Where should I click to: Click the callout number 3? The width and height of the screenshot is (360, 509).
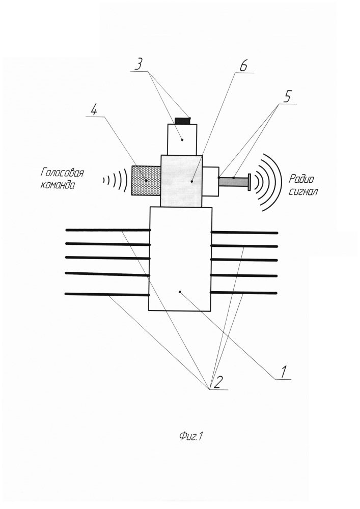click(139, 64)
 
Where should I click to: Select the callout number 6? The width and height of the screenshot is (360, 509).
click(243, 66)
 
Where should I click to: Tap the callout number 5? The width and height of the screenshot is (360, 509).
click(287, 97)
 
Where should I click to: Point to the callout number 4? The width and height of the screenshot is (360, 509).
click(94, 110)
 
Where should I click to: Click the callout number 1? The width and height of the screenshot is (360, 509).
click(283, 372)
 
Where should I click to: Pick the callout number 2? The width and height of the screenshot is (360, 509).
click(218, 383)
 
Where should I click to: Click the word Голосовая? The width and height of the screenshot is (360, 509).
click(62, 173)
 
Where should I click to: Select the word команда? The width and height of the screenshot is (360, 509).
click(58, 185)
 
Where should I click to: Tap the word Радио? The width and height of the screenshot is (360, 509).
click(301, 179)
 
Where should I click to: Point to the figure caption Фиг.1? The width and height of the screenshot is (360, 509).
click(191, 437)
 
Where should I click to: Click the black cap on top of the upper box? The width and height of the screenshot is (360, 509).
click(183, 121)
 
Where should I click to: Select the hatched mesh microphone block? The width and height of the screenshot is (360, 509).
click(146, 181)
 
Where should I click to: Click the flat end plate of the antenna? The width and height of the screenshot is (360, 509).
click(250, 182)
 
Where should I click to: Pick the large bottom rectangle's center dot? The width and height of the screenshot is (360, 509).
click(180, 292)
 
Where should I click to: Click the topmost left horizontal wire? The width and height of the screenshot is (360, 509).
click(108, 230)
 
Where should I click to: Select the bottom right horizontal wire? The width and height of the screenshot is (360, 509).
click(244, 293)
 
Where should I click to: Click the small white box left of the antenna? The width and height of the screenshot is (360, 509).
click(210, 181)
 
